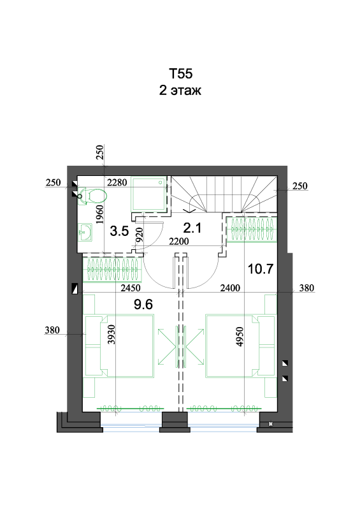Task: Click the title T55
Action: pyautogui.click(x=180, y=74)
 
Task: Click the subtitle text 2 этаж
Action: pyautogui.click(x=180, y=90)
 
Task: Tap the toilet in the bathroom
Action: pyautogui.click(x=92, y=196)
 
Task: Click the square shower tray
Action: pyautogui.click(x=149, y=194)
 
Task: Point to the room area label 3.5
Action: pyautogui.click(x=119, y=231)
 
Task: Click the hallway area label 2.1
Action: pyautogui.click(x=192, y=228)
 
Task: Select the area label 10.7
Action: pyautogui.click(x=261, y=269)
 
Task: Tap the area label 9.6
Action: pyautogui.click(x=143, y=305)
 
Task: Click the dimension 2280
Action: pyautogui.click(x=117, y=182)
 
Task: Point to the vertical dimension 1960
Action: pyautogui.click(x=99, y=214)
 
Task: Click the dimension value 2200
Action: pyautogui.click(x=179, y=242)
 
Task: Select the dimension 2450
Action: pyautogui.click(x=131, y=288)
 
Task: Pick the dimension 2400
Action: pyautogui.click(x=230, y=288)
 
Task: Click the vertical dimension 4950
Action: pyautogui.click(x=240, y=337)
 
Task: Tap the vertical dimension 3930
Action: pyautogui.click(x=112, y=334)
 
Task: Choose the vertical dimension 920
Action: pyautogui.click(x=139, y=235)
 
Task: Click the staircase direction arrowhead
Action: pyautogui.click(x=190, y=210)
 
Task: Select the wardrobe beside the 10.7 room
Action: pyautogui.click(x=252, y=229)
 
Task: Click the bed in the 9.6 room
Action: pyautogui.click(x=127, y=346)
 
